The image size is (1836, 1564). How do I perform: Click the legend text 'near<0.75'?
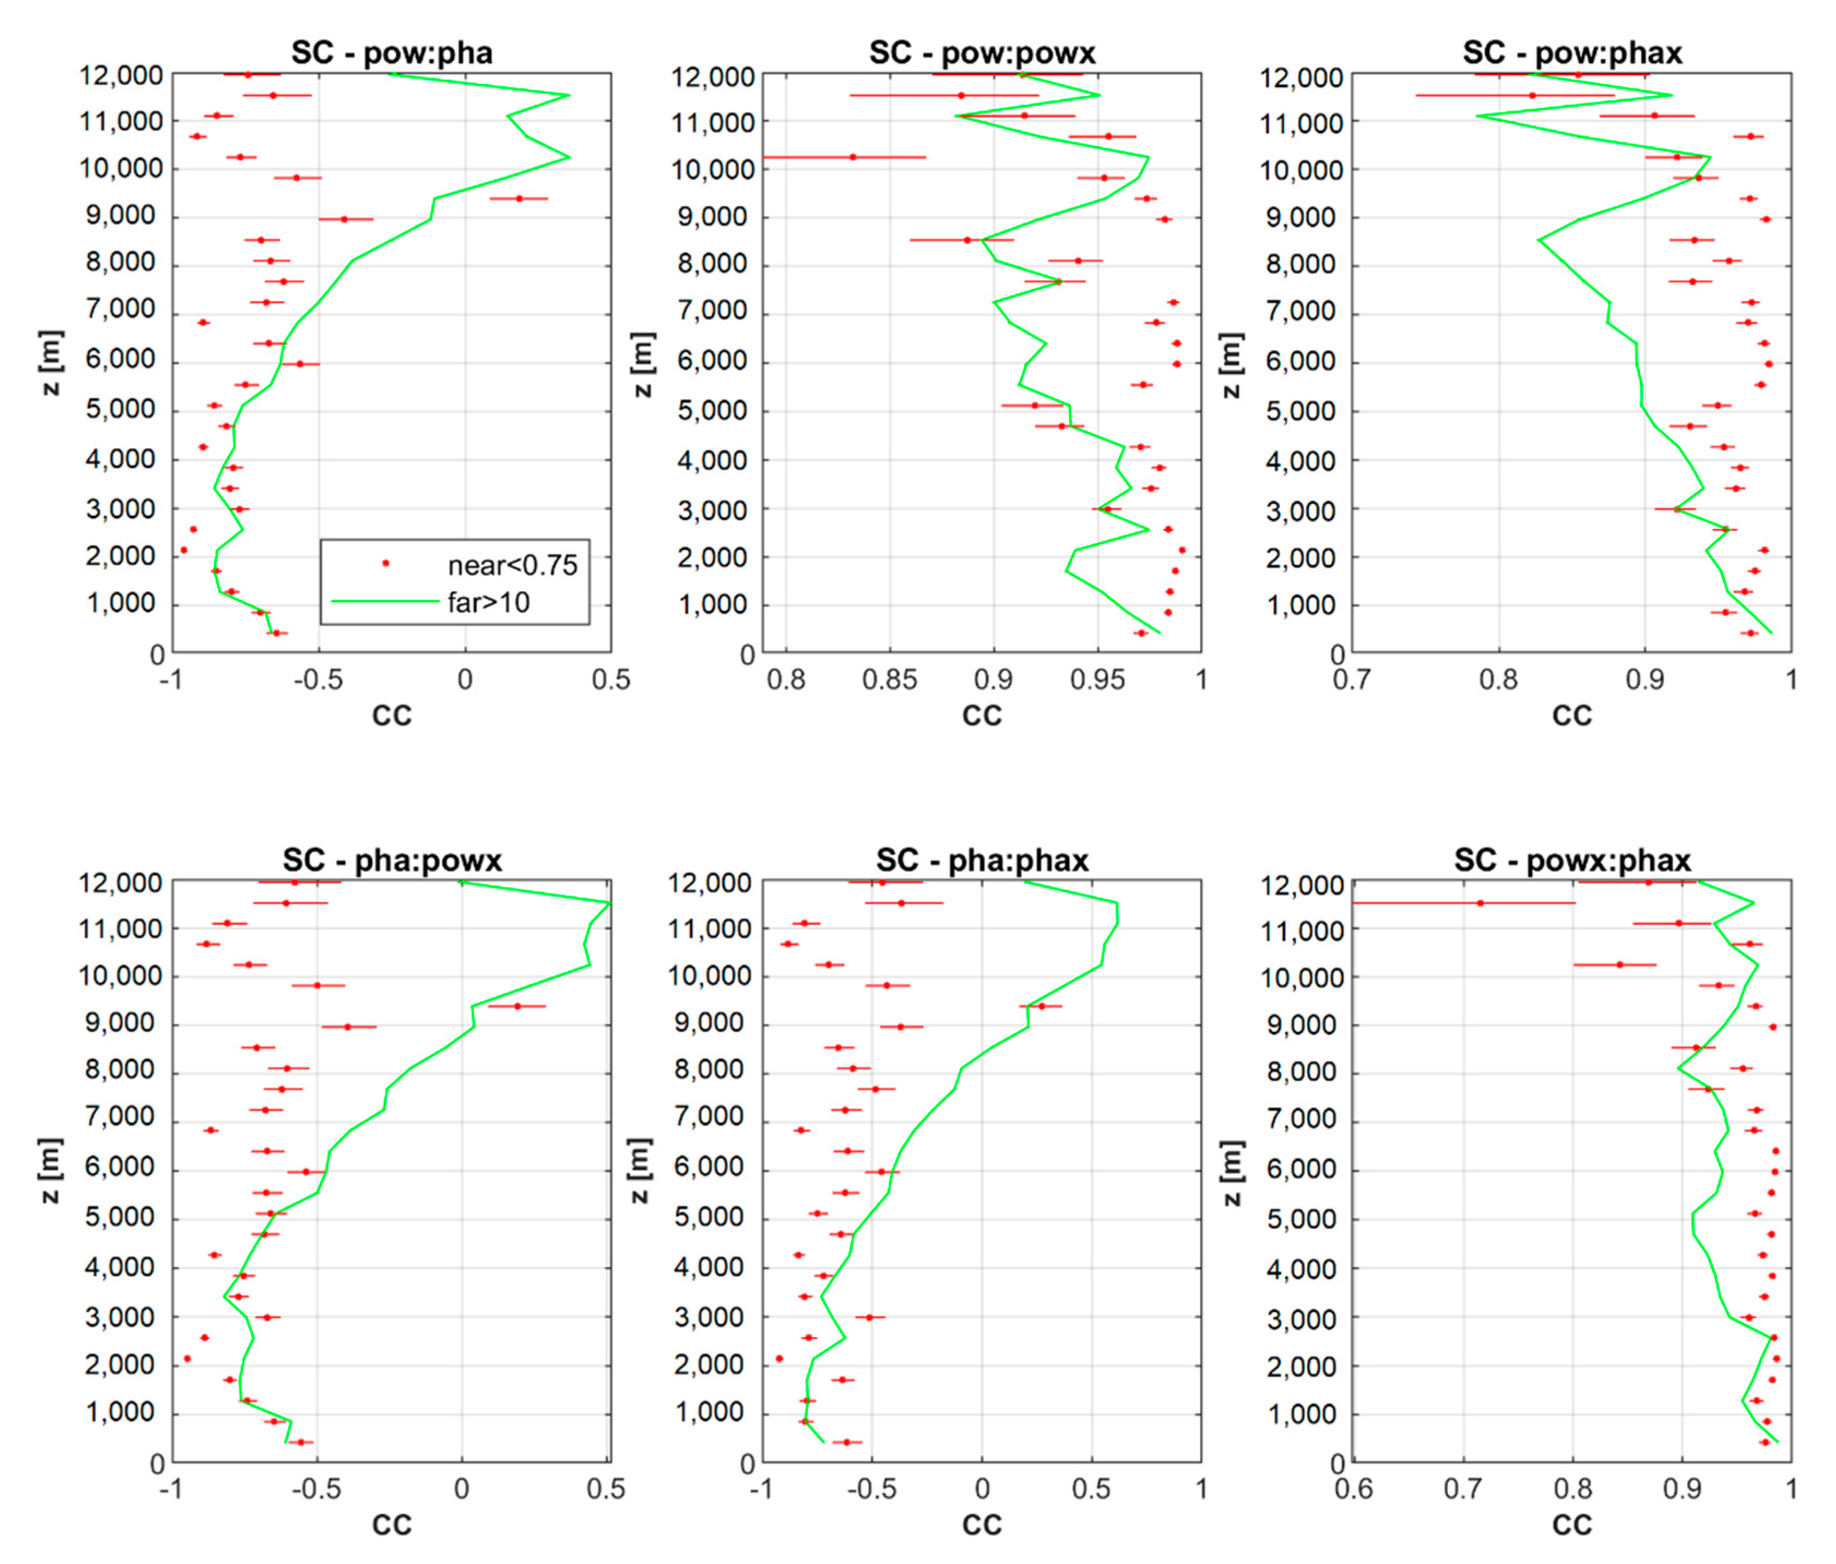click(x=512, y=566)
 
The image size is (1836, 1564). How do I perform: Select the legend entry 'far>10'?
click(x=488, y=603)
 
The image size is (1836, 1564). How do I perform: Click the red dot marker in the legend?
click(x=385, y=563)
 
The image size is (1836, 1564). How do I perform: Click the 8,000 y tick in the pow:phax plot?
click(x=1301, y=264)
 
